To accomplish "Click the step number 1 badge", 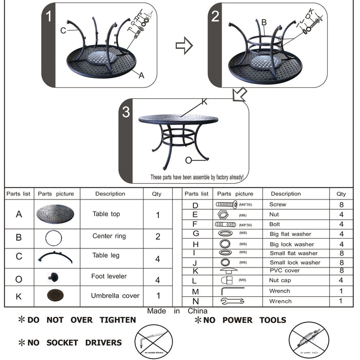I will [49, 16].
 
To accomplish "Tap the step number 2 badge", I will [215, 16].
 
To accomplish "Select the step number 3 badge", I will [127, 113].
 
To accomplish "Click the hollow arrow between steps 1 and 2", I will [184, 46].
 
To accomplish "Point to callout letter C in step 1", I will [63, 30].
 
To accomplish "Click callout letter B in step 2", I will [264, 22].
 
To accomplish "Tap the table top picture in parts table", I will [56, 214].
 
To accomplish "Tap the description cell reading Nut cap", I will [280, 280].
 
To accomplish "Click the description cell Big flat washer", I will [291, 234].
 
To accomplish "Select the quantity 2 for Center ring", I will [158, 237].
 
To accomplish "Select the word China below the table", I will [197, 311].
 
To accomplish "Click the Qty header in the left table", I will [157, 194].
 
